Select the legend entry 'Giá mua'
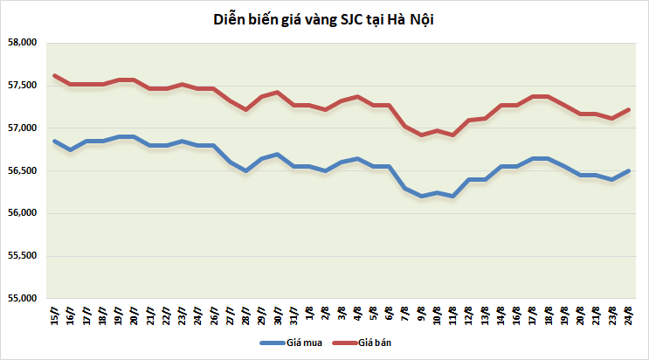pos(303,343)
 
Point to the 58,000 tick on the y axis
pos(22,43)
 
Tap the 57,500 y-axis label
pos(22,86)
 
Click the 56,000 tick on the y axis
pos(22,213)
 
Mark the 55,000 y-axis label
pos(22,299)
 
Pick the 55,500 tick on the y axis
pos(22,256)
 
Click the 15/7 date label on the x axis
pos(55,315)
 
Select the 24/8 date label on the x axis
pos(630,315)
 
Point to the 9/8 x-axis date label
pos(423,315)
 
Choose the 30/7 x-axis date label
pos(276,315)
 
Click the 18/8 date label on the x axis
pos(547,315)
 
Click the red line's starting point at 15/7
pos(54,75)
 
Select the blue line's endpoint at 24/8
pos(630,170)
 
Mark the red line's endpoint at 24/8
pos(630,109)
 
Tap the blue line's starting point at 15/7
pos(54,141)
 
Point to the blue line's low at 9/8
pos(422,197)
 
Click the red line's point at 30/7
pos(276,92)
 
